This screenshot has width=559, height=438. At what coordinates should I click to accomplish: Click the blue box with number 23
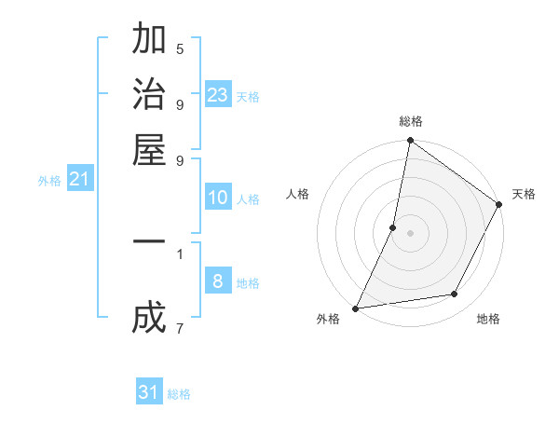point(218,94)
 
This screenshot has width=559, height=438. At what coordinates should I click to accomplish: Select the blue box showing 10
point(218,198)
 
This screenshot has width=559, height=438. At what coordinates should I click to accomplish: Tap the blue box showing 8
point(218,281)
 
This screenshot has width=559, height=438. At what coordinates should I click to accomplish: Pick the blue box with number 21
point(79,179)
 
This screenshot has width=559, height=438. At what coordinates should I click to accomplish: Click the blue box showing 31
point(149,392)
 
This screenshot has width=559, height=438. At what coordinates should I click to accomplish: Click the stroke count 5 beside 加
point(180,48)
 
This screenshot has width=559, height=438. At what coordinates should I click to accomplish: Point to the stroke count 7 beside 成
point(179,328)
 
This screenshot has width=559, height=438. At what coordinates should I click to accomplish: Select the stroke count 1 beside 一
point(179,253)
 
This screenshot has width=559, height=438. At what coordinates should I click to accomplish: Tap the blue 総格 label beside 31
point(179,394)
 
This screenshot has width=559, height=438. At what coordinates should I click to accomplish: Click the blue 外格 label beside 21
point(49,181)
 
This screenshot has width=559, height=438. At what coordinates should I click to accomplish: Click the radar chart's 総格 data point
point(410,142)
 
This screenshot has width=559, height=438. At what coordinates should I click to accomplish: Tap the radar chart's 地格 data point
point(455,294)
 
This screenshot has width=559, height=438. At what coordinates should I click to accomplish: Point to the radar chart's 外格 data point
point(356,308)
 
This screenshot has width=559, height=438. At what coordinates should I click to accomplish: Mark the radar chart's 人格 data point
point(393,227)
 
